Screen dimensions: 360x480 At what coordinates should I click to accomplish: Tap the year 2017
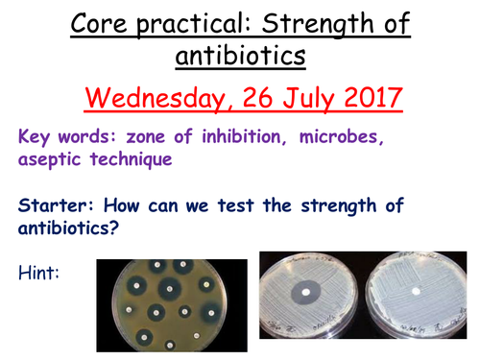(374, 98)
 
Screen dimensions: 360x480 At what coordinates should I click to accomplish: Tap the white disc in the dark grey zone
(305, 292)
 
